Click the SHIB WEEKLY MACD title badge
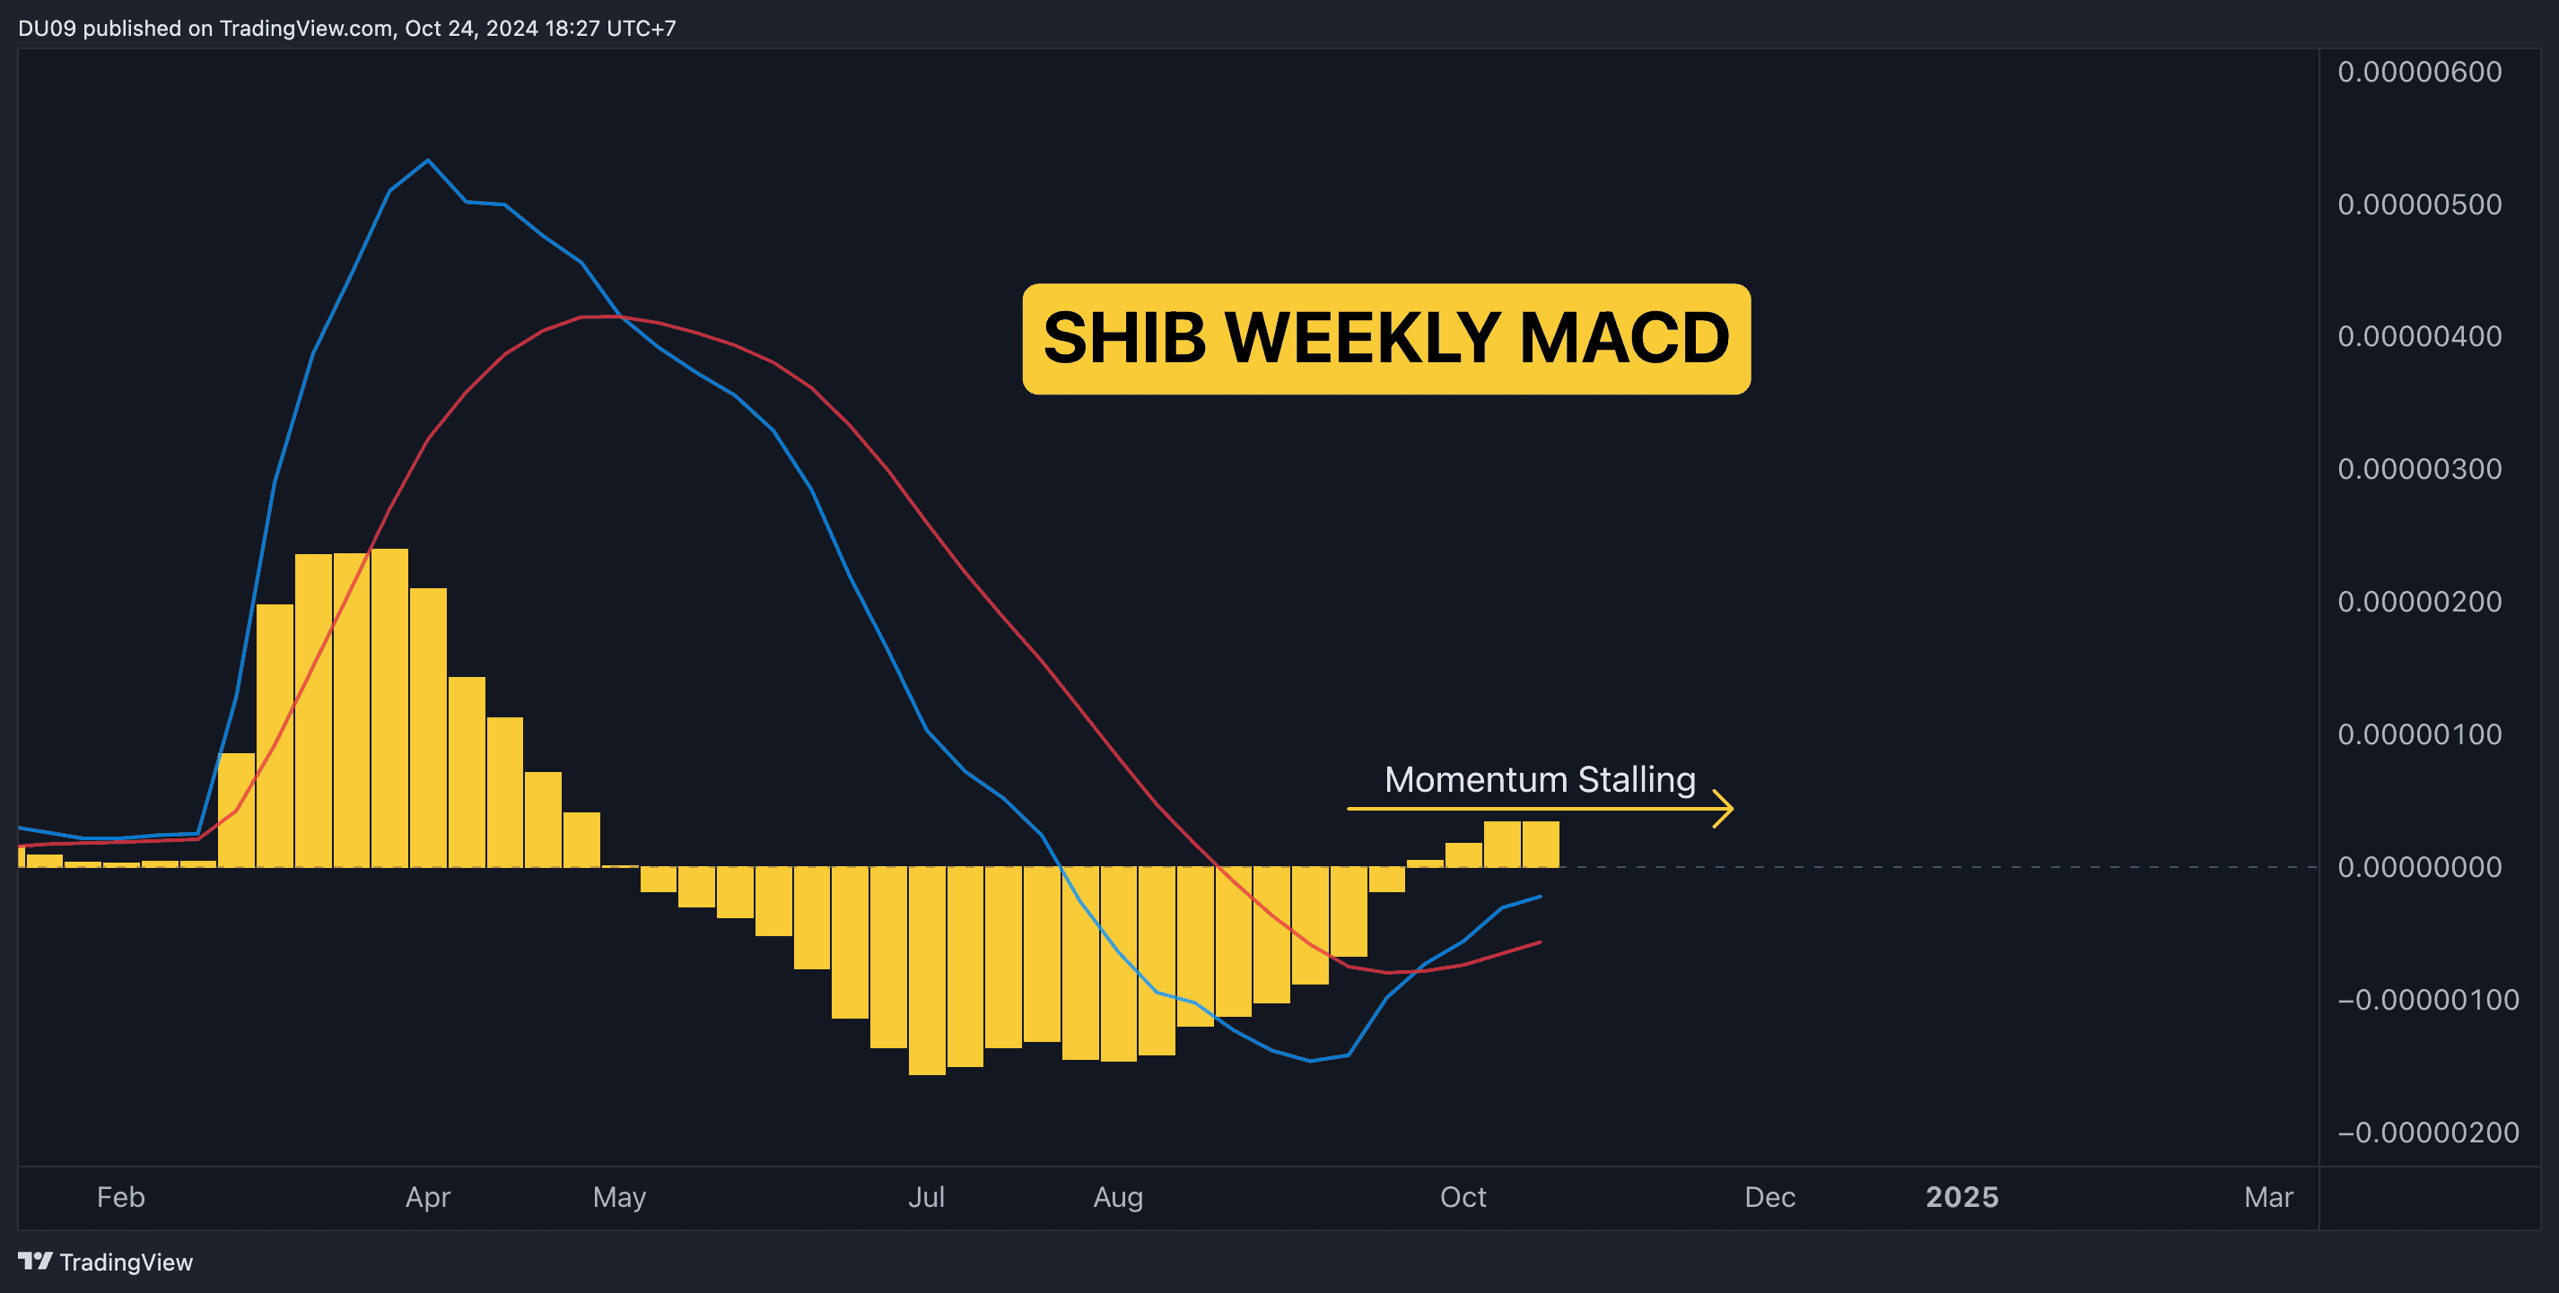[1385, 339]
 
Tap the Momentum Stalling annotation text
[1540, 779]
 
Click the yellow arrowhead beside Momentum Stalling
[1725, 809]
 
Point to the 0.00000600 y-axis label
[2419, 72]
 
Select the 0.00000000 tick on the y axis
[2419, 867]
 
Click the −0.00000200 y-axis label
[2428, 1132]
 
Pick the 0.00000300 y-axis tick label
[2419, 469]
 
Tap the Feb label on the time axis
[121, 1197]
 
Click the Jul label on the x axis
[926, 1197]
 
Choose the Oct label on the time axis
[1463, 1197]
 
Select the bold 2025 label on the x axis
[1962, 1197]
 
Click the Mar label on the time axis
[2269, 1197]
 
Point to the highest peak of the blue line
[427, 160]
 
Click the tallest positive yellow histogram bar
[389, 707]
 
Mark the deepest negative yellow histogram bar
[927, 970]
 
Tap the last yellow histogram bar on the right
[1541, 844]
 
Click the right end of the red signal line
[1541, 942]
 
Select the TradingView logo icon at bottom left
[36, 1262]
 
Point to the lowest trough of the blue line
[1310, 1061]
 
